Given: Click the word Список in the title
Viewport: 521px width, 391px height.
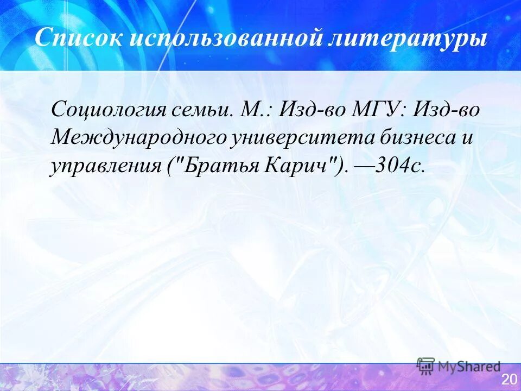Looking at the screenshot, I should point(76,39).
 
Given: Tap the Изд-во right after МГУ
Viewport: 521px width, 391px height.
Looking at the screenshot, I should point(447,110).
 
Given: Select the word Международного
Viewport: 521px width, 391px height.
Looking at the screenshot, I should point(138,137).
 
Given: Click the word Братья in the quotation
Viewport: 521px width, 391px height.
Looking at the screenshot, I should point(217,165).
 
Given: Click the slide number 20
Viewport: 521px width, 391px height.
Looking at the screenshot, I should point(509,379).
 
